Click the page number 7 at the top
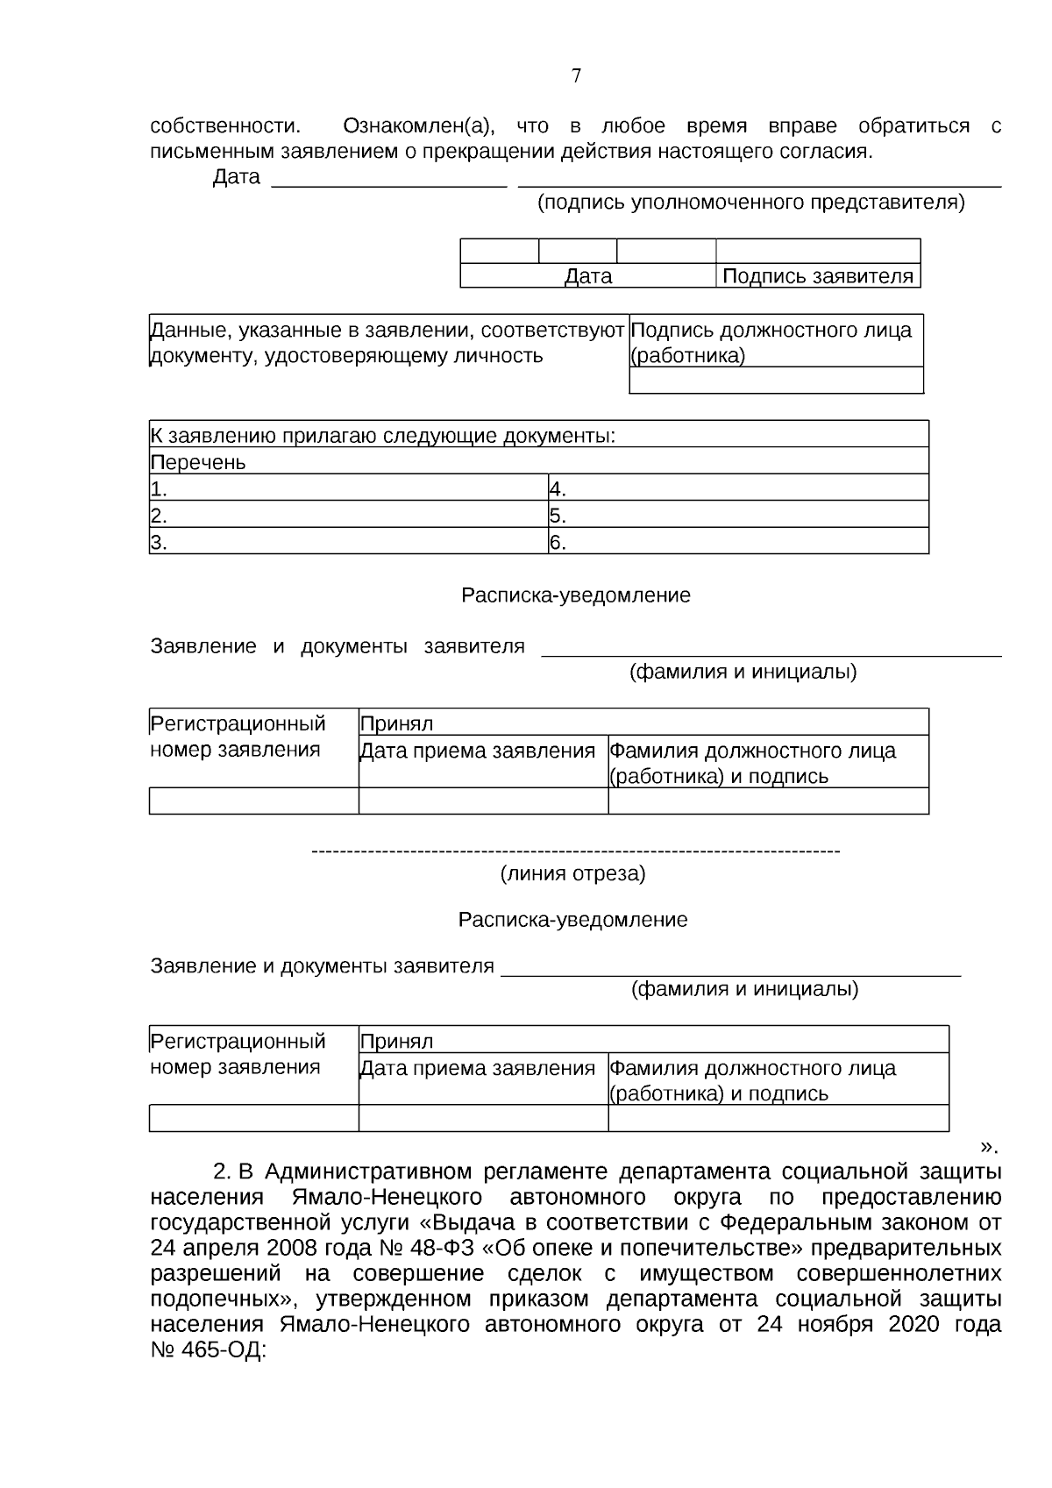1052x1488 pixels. (576, 76)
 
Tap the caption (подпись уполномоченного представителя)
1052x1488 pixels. (750, 203)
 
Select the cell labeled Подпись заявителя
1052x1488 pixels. (818, 277)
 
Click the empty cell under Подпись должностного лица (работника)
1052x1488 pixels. (776, 381)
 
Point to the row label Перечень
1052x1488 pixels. (198, 462)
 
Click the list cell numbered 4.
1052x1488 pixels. (737, 488)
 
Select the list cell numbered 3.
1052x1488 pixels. (348, 542)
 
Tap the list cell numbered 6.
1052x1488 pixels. (737, 542)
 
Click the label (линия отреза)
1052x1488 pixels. (572, 873)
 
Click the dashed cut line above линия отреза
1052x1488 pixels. (576, 851)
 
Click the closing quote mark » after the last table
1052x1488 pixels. (989, 1145)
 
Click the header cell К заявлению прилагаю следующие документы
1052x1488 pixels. (382, 436)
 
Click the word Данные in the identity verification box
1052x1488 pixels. (184, 331)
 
